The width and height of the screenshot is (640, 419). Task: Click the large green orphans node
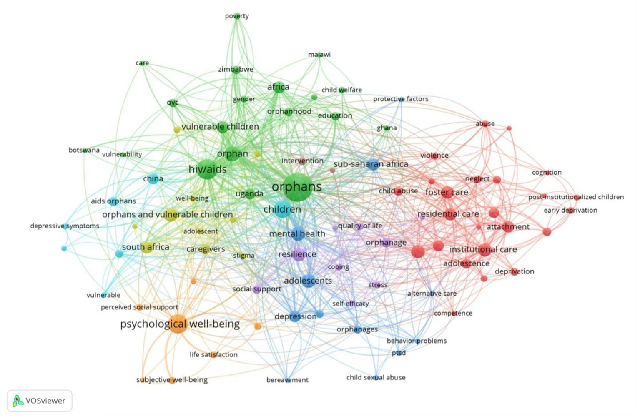point(297,187)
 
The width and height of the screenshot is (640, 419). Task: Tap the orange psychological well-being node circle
point(178,324)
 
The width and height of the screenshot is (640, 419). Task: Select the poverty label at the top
point(237,16)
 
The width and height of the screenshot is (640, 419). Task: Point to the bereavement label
point(287,380)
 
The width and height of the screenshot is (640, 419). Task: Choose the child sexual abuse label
point(376,377)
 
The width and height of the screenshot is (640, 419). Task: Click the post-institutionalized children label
point(576,197)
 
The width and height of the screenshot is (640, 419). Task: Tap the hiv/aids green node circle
point(207,169)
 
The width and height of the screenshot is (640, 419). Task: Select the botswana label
point(84,150)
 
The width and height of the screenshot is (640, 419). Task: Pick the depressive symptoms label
point(65,226)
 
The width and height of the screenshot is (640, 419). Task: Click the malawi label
point(319,55)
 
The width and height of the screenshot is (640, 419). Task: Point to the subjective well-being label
point(172,380)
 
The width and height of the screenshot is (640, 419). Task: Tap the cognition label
point(547,172)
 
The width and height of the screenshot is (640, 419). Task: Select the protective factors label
point(400,99)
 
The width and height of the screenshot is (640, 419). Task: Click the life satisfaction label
point(213,354)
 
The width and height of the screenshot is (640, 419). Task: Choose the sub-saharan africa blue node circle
point(373,164)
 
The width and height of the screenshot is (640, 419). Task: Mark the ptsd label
point(399,353)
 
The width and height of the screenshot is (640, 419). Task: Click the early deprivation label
point(570,210)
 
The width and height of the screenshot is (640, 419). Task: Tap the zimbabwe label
point(236,69)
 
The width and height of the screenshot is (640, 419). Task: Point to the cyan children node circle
point(282,209)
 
